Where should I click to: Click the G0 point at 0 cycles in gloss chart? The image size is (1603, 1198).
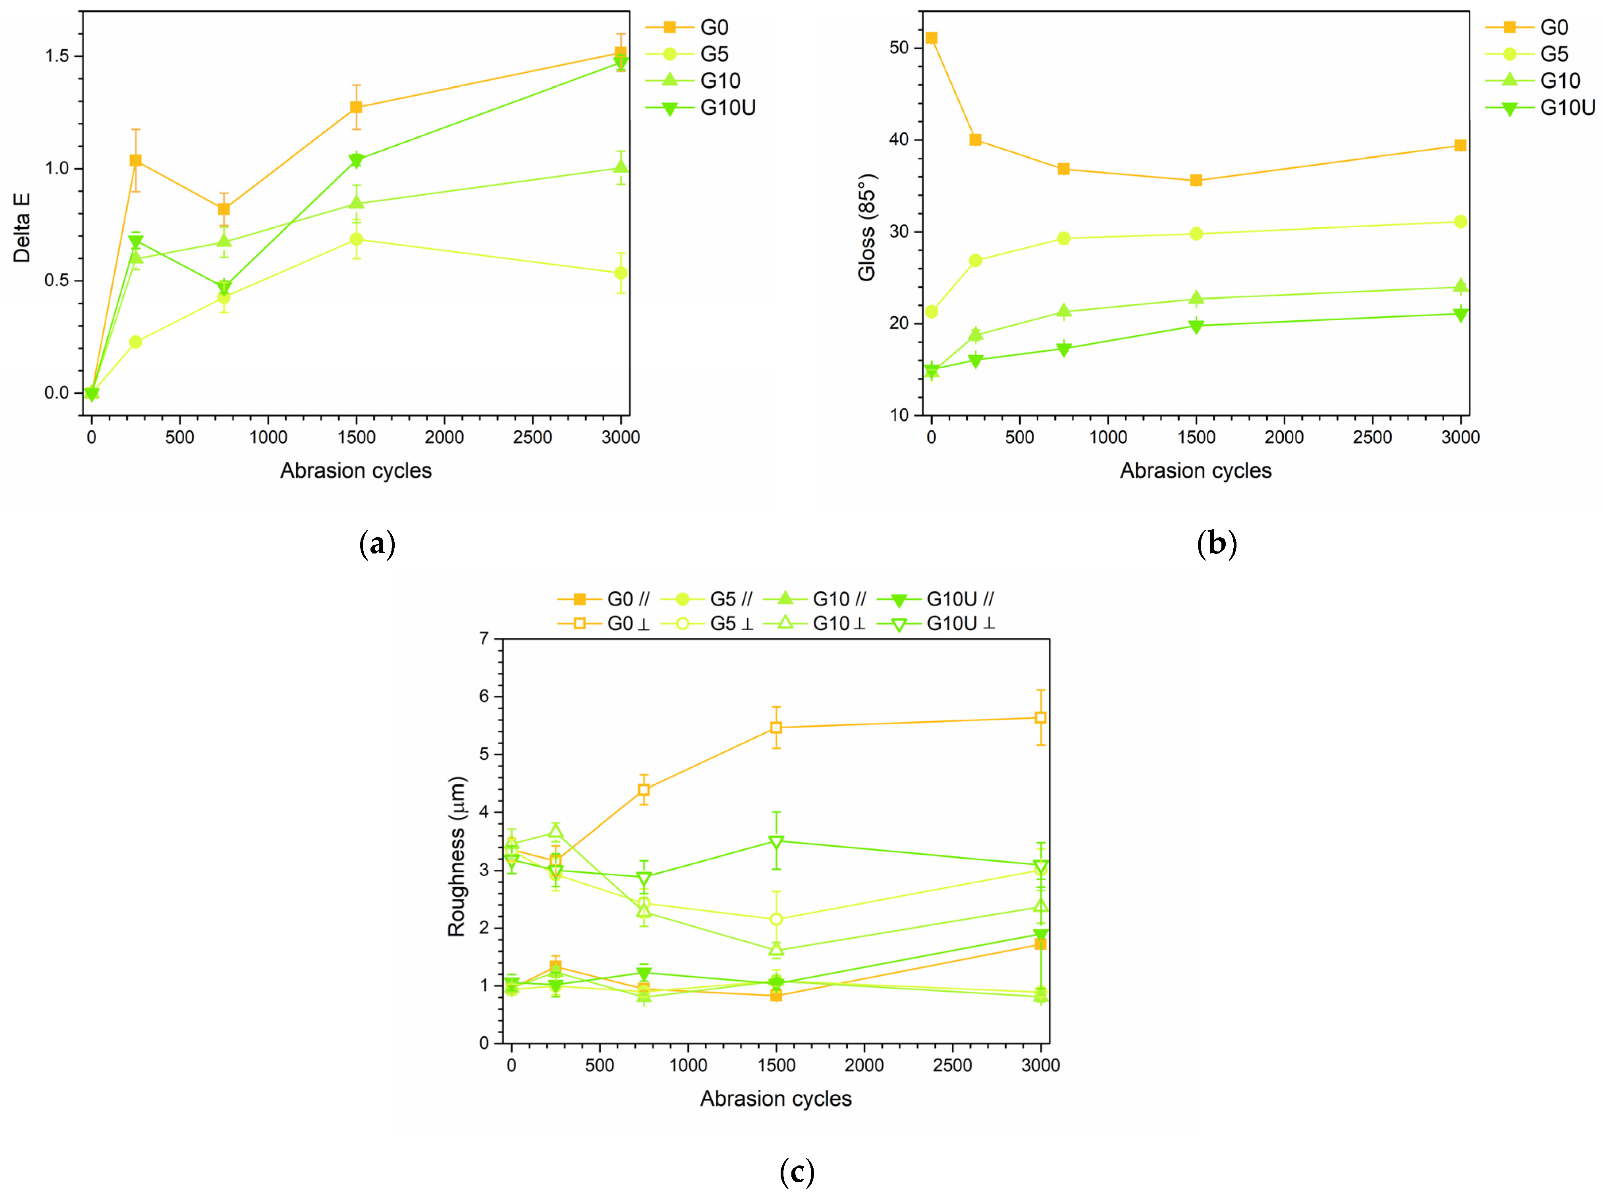click(931, 38)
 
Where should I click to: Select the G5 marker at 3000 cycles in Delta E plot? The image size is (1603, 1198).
click(621, 273)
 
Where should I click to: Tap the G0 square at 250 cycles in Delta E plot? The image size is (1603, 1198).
click(135, 160)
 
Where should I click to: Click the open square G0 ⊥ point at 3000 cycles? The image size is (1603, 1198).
click(1041, 718)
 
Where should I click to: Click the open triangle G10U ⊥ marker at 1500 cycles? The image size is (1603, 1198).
click(776, 842)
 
